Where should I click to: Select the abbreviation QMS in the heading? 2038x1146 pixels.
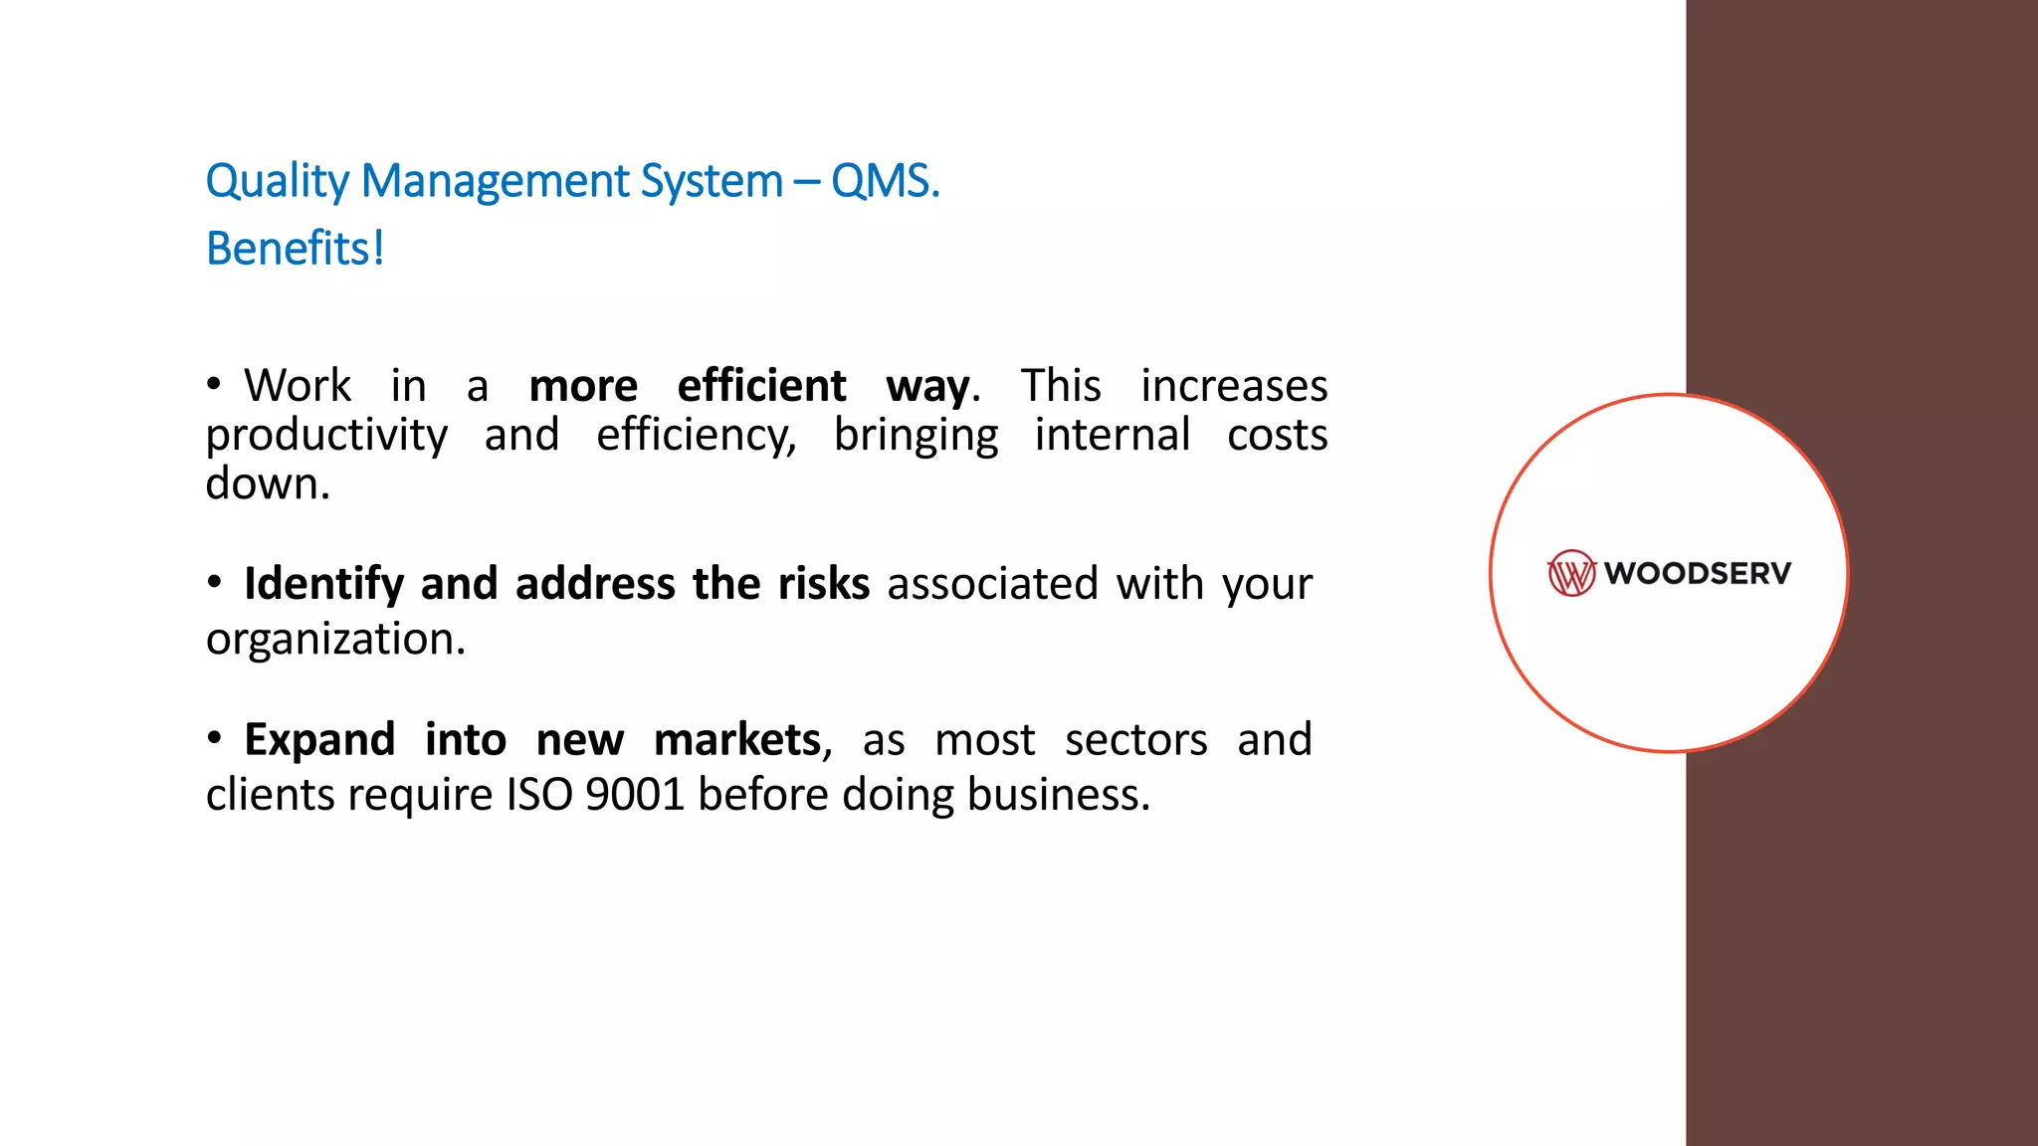point(883,182)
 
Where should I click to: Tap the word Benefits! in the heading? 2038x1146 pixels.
point(295,249)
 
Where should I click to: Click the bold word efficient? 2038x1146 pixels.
point(761,386)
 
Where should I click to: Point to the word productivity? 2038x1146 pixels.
point(326,436)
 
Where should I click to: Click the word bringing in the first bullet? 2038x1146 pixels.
point(916,436)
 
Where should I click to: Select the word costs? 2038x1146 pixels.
point(1277,436)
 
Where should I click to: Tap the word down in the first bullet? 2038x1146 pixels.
point(267,484)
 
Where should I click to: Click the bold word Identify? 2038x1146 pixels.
point(323,584)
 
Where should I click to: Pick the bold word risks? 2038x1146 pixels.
point(823,584)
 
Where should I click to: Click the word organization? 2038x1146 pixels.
point(335,639)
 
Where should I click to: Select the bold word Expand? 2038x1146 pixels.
point(319,740)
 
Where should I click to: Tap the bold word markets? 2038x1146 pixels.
point(737,740)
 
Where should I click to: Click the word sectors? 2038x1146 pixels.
point(1135,740)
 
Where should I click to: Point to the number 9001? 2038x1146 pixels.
point(635,795)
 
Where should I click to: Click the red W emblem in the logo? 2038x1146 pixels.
point(1571,573)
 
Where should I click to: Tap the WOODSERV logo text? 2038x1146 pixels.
point(1698,573)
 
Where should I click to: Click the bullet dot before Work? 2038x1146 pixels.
point(214,384)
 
